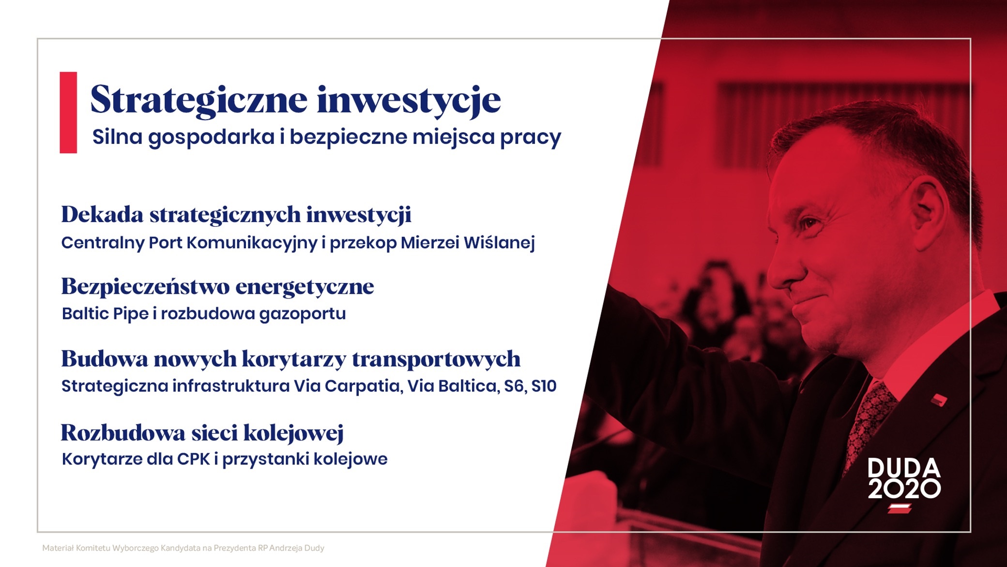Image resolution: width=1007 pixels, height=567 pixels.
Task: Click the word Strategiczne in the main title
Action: click(x=198, y=100)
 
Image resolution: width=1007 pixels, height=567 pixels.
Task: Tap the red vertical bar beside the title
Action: click(x=68, y=112)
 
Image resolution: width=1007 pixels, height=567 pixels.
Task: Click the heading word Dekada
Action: click(x=102, y=214)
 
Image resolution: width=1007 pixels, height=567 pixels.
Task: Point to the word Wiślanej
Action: click(x=499, y=243)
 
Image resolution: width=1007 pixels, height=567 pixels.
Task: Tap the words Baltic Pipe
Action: click(x=105, y=314)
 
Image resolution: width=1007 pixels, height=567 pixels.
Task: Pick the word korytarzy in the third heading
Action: click(x=293, y=360)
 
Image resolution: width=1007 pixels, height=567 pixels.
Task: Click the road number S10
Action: click(x=544, y=386)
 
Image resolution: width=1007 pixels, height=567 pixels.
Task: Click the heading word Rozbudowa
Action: click(x=123, y=433)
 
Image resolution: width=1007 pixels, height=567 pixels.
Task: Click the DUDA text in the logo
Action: click(x=904, y=468)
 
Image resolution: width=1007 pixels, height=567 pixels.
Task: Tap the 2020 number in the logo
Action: click(x=904, y=489)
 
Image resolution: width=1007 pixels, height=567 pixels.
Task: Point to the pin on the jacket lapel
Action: click(x=939, y=400)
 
